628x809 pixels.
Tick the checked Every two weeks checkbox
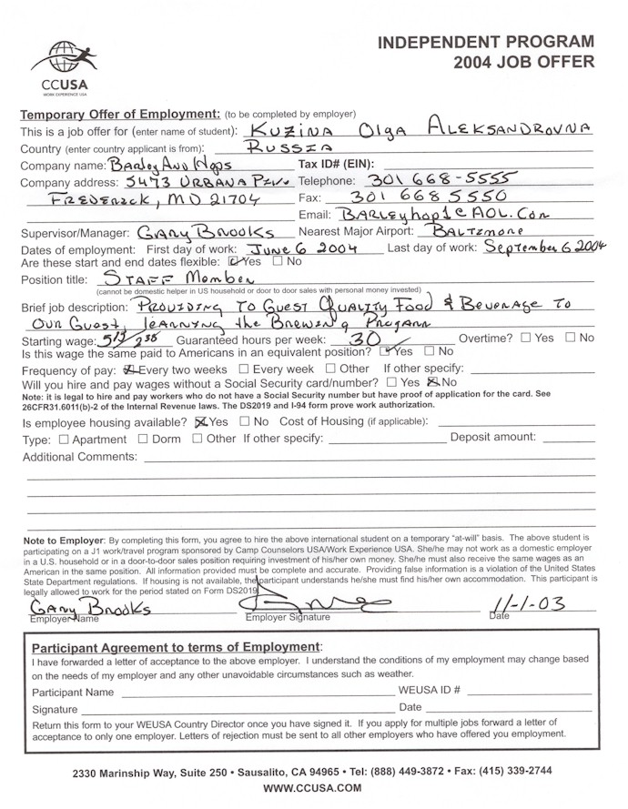click(x=128, y=369)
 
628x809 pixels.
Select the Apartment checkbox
click(x=63, y=439)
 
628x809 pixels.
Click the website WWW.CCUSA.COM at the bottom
click(x=313, y=787)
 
